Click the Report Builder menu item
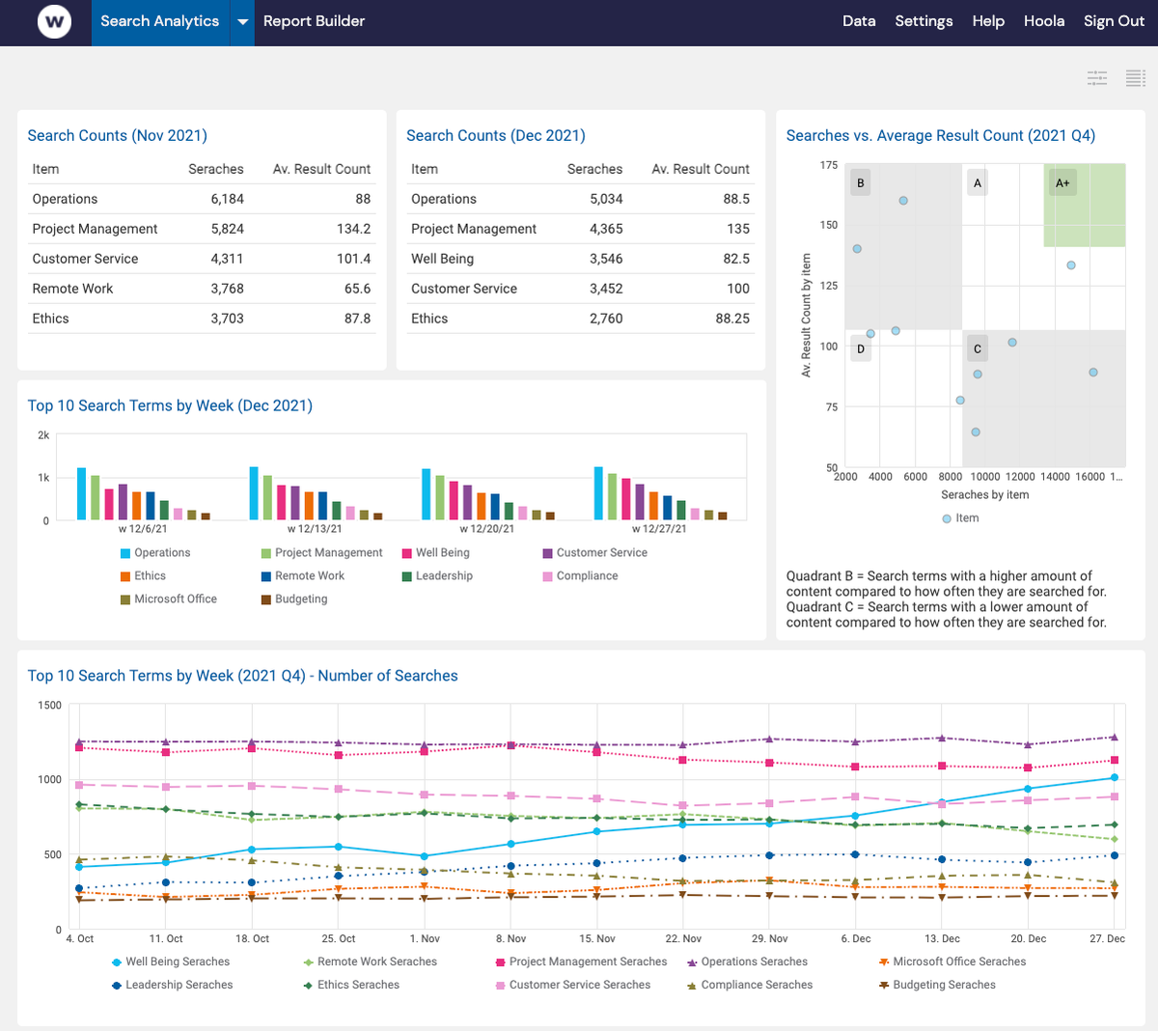(x=314, y=21)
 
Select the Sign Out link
(x=1114, y=21)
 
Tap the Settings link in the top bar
(x=924, y=21)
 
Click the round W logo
(x=54, y=21)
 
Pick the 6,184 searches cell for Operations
(x=227, y=199)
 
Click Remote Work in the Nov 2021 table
(x=72, y=289)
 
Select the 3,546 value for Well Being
(x=606, y=259)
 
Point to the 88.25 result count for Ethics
(x=732, y=319)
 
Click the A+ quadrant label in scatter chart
(x=1062, y=182)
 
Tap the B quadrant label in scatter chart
(x=861, y=182)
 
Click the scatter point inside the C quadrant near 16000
(x=1093, y=373)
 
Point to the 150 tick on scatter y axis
(x=829, y=225)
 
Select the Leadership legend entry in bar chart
(x=444, y=576)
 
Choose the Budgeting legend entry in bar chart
(x=301, y=599)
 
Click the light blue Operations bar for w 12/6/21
(x=82, y=493)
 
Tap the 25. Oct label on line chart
(x=339, y=938)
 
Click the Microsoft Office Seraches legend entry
(x=959, y=961)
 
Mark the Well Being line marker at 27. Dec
(x=1115, y=777)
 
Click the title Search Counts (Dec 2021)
(x=496, y=136)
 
